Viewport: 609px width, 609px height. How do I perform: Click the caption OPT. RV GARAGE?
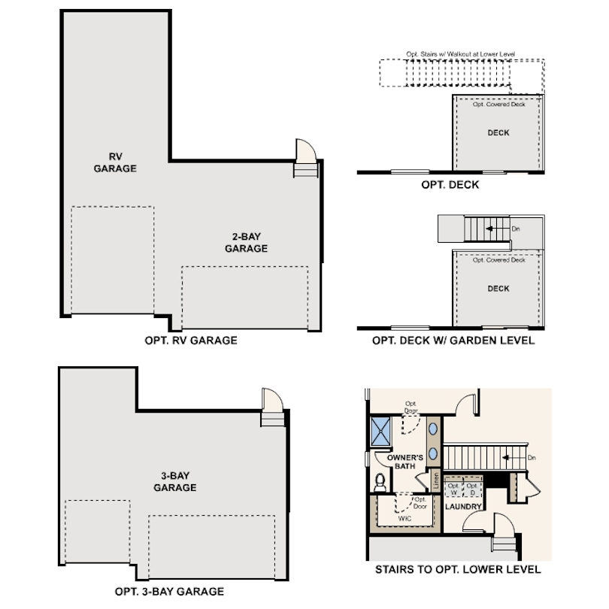tap(190, 341)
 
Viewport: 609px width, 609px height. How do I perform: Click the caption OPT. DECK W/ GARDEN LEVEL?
tap(453, 341)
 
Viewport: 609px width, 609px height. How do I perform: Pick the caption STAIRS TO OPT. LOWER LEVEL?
tap(458, 570)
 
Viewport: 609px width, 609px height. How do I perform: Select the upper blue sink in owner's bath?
tap(435, 430)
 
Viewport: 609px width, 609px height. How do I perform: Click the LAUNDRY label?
tap(462, 507)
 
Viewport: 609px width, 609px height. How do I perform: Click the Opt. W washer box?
tap(453, 489)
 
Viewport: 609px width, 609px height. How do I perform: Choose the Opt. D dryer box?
tap(472, 489)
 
